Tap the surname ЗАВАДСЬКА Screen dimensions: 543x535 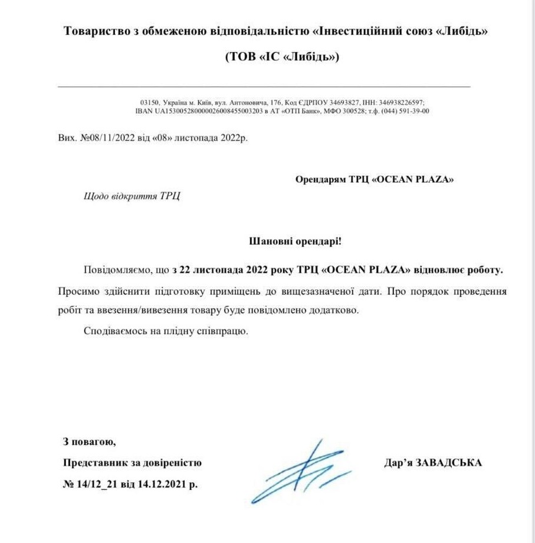point(449,463)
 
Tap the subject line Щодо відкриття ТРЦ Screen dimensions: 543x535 point(132,196)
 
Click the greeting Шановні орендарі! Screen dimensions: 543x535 point(296,241)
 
